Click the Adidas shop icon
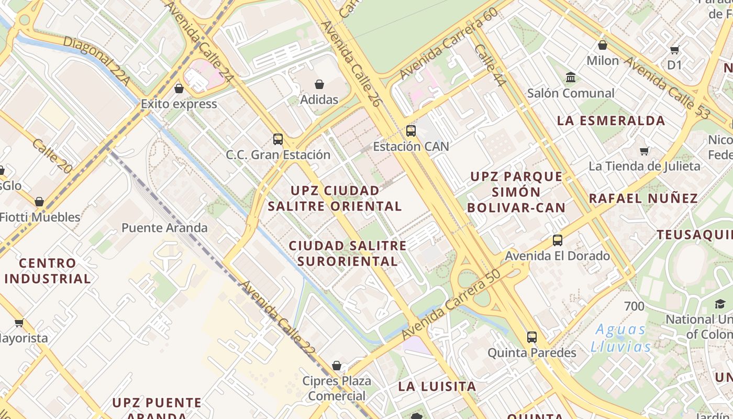319,84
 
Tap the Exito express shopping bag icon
179,89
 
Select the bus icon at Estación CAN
411,131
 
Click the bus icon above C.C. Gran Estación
278,139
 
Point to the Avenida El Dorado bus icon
558,241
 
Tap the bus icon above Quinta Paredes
532,337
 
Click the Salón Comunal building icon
571,78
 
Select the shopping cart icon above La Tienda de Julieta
645,151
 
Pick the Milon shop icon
603,46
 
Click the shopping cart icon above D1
675,50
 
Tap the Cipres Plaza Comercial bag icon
337,366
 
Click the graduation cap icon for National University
720,304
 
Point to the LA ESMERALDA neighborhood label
611,120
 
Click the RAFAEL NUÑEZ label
643,199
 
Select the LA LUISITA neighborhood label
437,387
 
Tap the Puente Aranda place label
164,228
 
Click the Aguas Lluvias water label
621,338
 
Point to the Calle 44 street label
490,65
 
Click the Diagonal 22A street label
96,61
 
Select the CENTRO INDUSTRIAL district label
48,271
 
